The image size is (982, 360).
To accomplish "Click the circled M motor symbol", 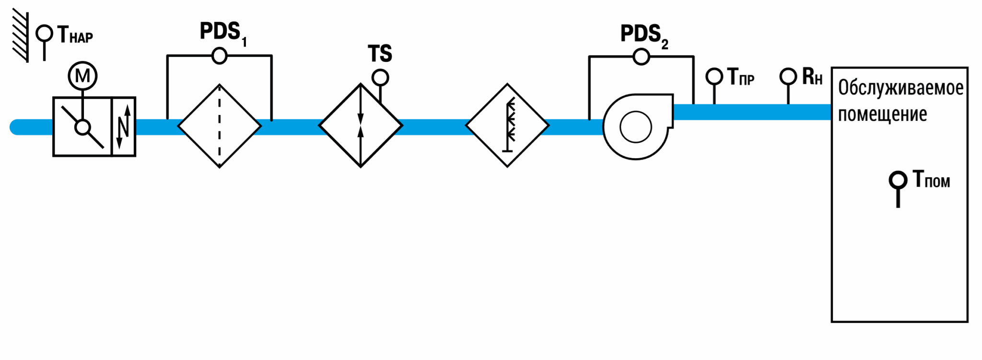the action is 82,76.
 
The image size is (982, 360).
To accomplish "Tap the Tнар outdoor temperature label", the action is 75,35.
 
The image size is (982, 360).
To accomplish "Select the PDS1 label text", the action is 223,34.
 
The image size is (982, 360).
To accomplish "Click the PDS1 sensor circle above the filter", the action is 219,56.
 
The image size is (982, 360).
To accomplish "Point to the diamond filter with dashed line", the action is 220,126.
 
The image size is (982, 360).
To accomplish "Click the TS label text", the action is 380,54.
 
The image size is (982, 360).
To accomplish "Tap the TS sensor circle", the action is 380,77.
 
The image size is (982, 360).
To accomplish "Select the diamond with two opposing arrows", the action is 361,126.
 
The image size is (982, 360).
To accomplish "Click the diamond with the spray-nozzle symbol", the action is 507,126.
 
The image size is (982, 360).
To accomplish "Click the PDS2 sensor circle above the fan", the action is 641,57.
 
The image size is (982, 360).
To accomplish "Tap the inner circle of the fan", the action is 636,127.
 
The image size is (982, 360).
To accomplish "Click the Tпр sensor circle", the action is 714,76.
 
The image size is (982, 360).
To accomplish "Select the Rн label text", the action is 812,77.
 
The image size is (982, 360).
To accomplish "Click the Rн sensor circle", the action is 788,76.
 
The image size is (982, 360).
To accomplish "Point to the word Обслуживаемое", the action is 900,88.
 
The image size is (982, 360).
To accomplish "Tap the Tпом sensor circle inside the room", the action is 898,180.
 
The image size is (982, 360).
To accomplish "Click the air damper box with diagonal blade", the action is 82,127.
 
